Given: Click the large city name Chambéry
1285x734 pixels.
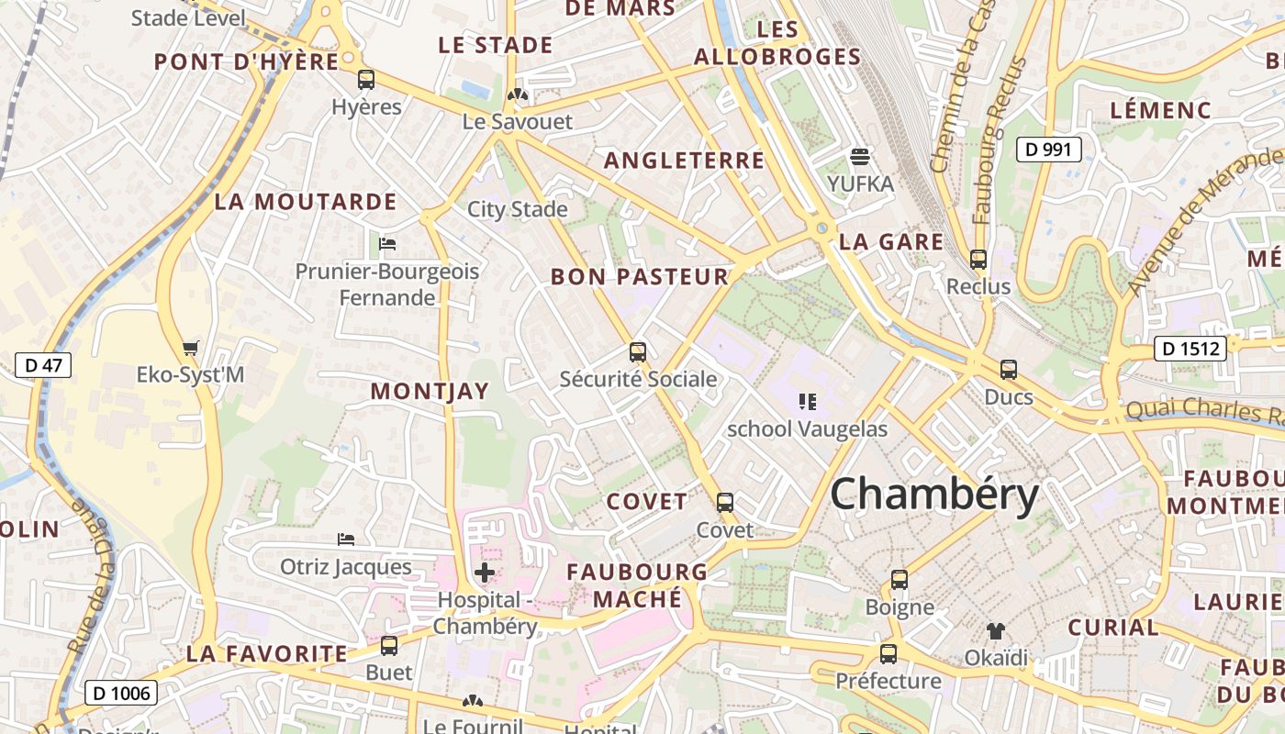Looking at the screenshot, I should (x=934, y=495).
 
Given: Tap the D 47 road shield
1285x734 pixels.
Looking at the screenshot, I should (x=43, y=365).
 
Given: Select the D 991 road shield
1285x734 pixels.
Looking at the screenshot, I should (x=1048, y=149).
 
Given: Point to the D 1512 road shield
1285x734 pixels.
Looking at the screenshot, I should (x=1190, y=349).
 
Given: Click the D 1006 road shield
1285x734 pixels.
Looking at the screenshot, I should (x=122, y=693).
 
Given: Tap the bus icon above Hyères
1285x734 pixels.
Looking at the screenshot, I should (x=366, y=80).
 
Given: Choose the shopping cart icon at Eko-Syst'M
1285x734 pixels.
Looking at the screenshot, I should (x=190, y=348).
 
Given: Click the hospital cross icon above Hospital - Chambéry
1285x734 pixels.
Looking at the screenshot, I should (x=485, y=573).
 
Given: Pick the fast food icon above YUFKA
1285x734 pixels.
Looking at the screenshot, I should (x=860, y=156).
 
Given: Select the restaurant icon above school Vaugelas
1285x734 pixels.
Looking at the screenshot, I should (x=808, y=401).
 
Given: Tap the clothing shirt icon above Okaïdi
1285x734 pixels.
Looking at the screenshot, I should (x=996, y=630).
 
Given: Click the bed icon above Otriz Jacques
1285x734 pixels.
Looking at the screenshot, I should (x=346, y=539).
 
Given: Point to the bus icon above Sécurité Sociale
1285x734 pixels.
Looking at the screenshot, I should (x=638, y=351).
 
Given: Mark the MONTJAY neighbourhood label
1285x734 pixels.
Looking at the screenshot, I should (x=430, y=391).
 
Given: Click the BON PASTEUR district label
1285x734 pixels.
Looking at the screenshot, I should (x=639, y=276).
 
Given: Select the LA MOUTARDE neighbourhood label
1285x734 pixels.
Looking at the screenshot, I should (x=306, y=202).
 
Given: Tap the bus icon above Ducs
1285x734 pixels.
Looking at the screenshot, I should (x=1009, y=370).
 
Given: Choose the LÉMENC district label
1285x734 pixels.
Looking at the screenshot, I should (x=1160, y=110).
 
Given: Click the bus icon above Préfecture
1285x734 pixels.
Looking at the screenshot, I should (x=888, y=653).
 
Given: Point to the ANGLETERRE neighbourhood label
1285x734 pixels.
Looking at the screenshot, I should (x=684, y=161).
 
